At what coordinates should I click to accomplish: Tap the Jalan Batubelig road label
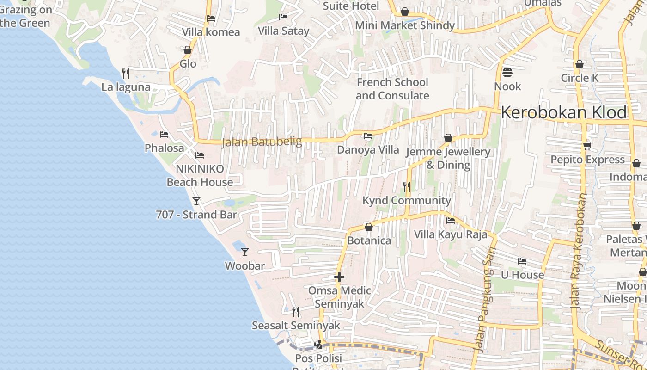tap(262, 142)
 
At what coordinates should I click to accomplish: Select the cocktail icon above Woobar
tap(245, 252)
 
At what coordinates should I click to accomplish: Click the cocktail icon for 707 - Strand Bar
tap(196, 201)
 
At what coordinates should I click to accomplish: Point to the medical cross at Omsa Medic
tap(339, 277)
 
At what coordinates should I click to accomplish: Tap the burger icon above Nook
tap(507, 73)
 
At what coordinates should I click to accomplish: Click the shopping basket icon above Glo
tap(188, 50)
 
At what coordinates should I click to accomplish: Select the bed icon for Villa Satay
tap(283, 17)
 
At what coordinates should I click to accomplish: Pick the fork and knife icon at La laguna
tap(125, 73)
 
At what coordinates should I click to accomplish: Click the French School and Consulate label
tap(392, 89)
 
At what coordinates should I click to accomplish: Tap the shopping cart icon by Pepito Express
tap(587, 146)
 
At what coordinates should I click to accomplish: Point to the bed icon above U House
tap(522, 261)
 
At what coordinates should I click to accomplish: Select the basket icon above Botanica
tap(369, 227)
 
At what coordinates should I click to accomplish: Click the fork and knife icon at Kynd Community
tap(407, 186)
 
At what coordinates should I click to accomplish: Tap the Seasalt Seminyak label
tap(296, 326)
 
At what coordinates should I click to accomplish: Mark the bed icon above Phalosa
tap(164, 135)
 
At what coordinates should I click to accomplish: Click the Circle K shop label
tap(580, 78)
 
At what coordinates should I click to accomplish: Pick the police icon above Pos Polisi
tap(318, 345)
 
